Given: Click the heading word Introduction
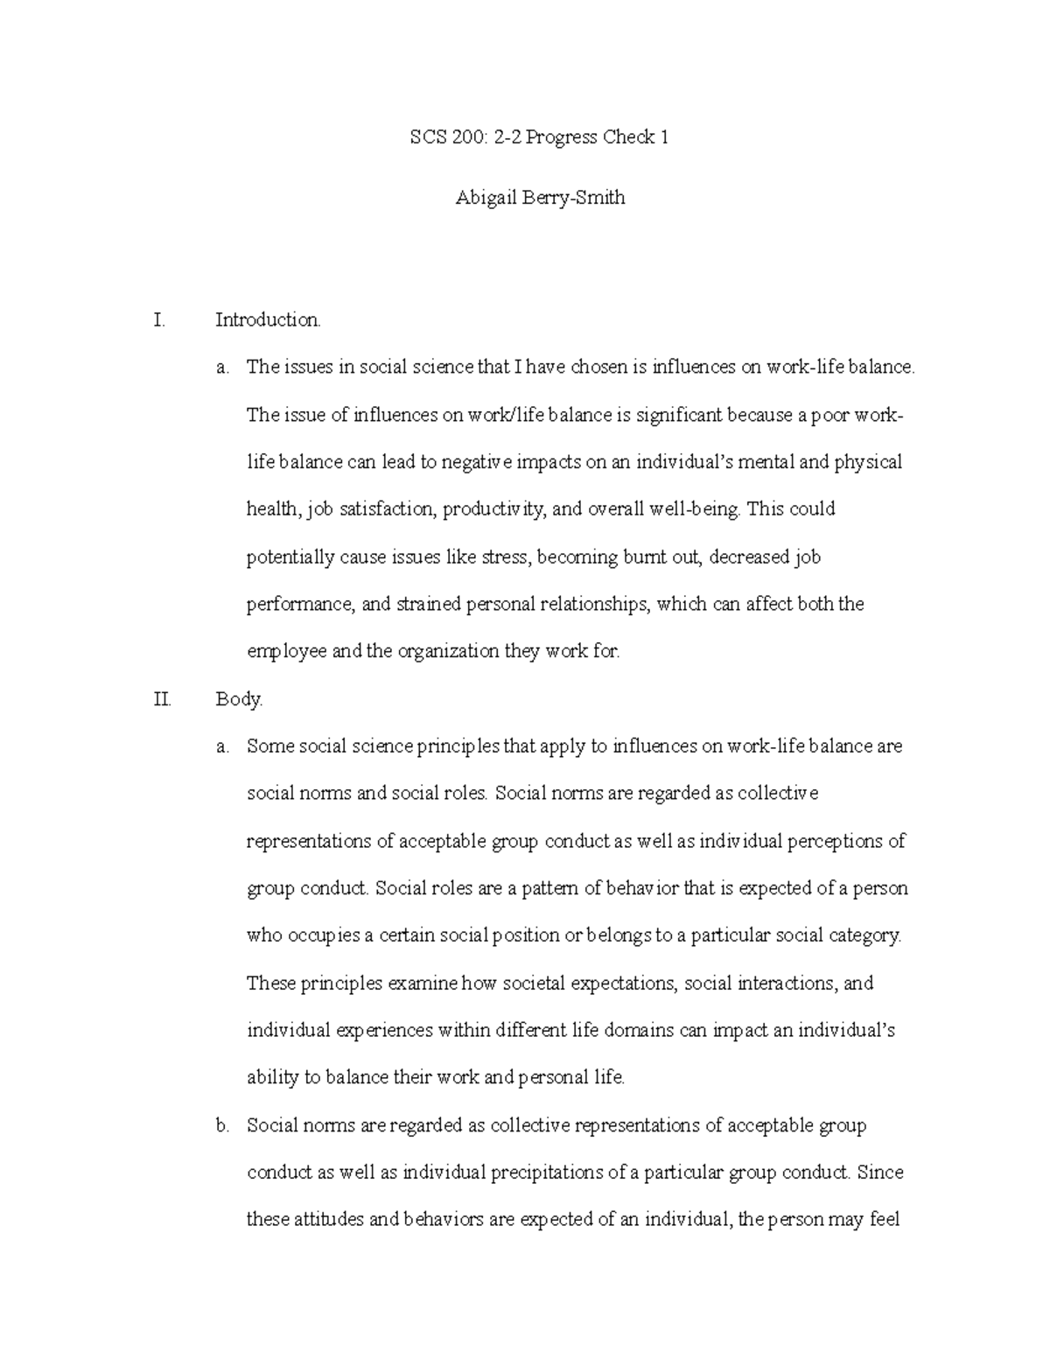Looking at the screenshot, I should click(268, 320).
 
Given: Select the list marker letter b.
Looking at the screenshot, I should click(221, 1125).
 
